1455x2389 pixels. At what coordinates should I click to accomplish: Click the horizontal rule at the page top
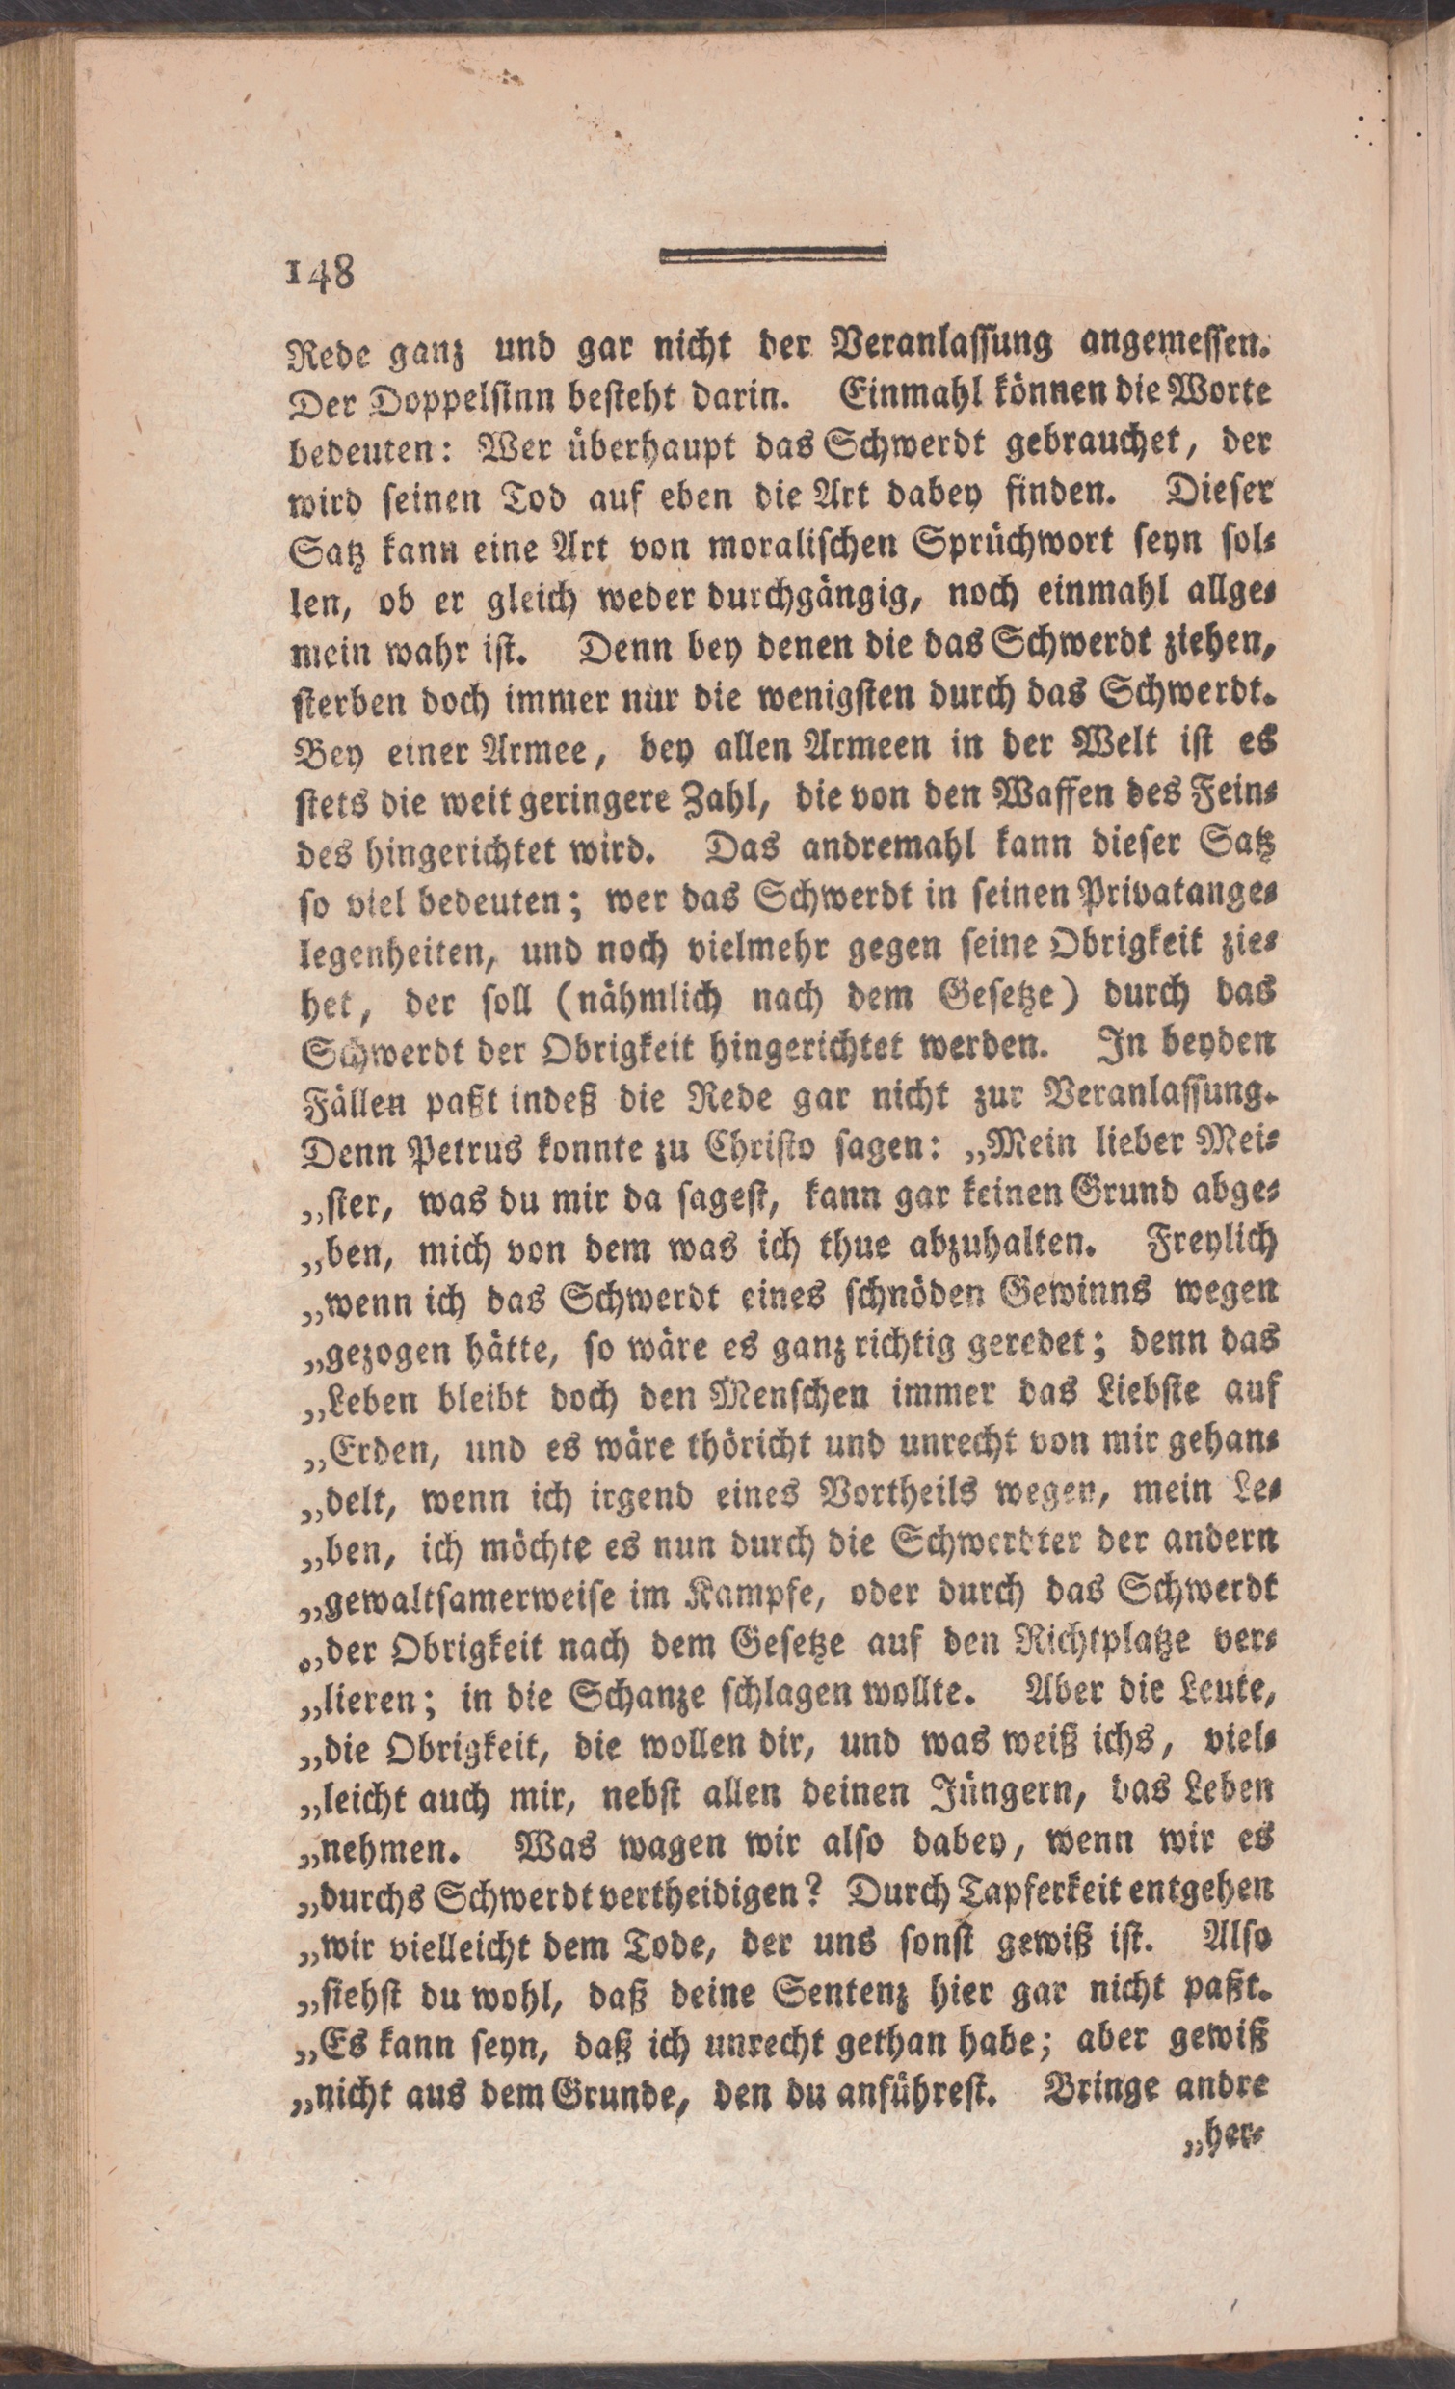click(x=773, y=254)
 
